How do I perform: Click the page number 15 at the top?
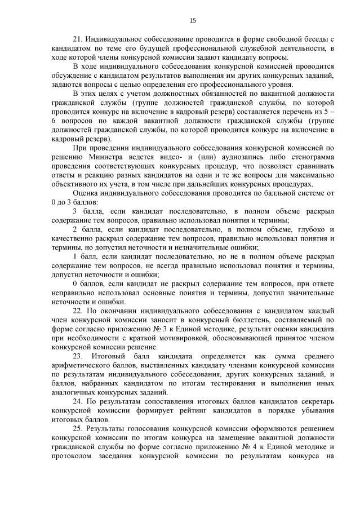pyautogui.click(x=192, y=21)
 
